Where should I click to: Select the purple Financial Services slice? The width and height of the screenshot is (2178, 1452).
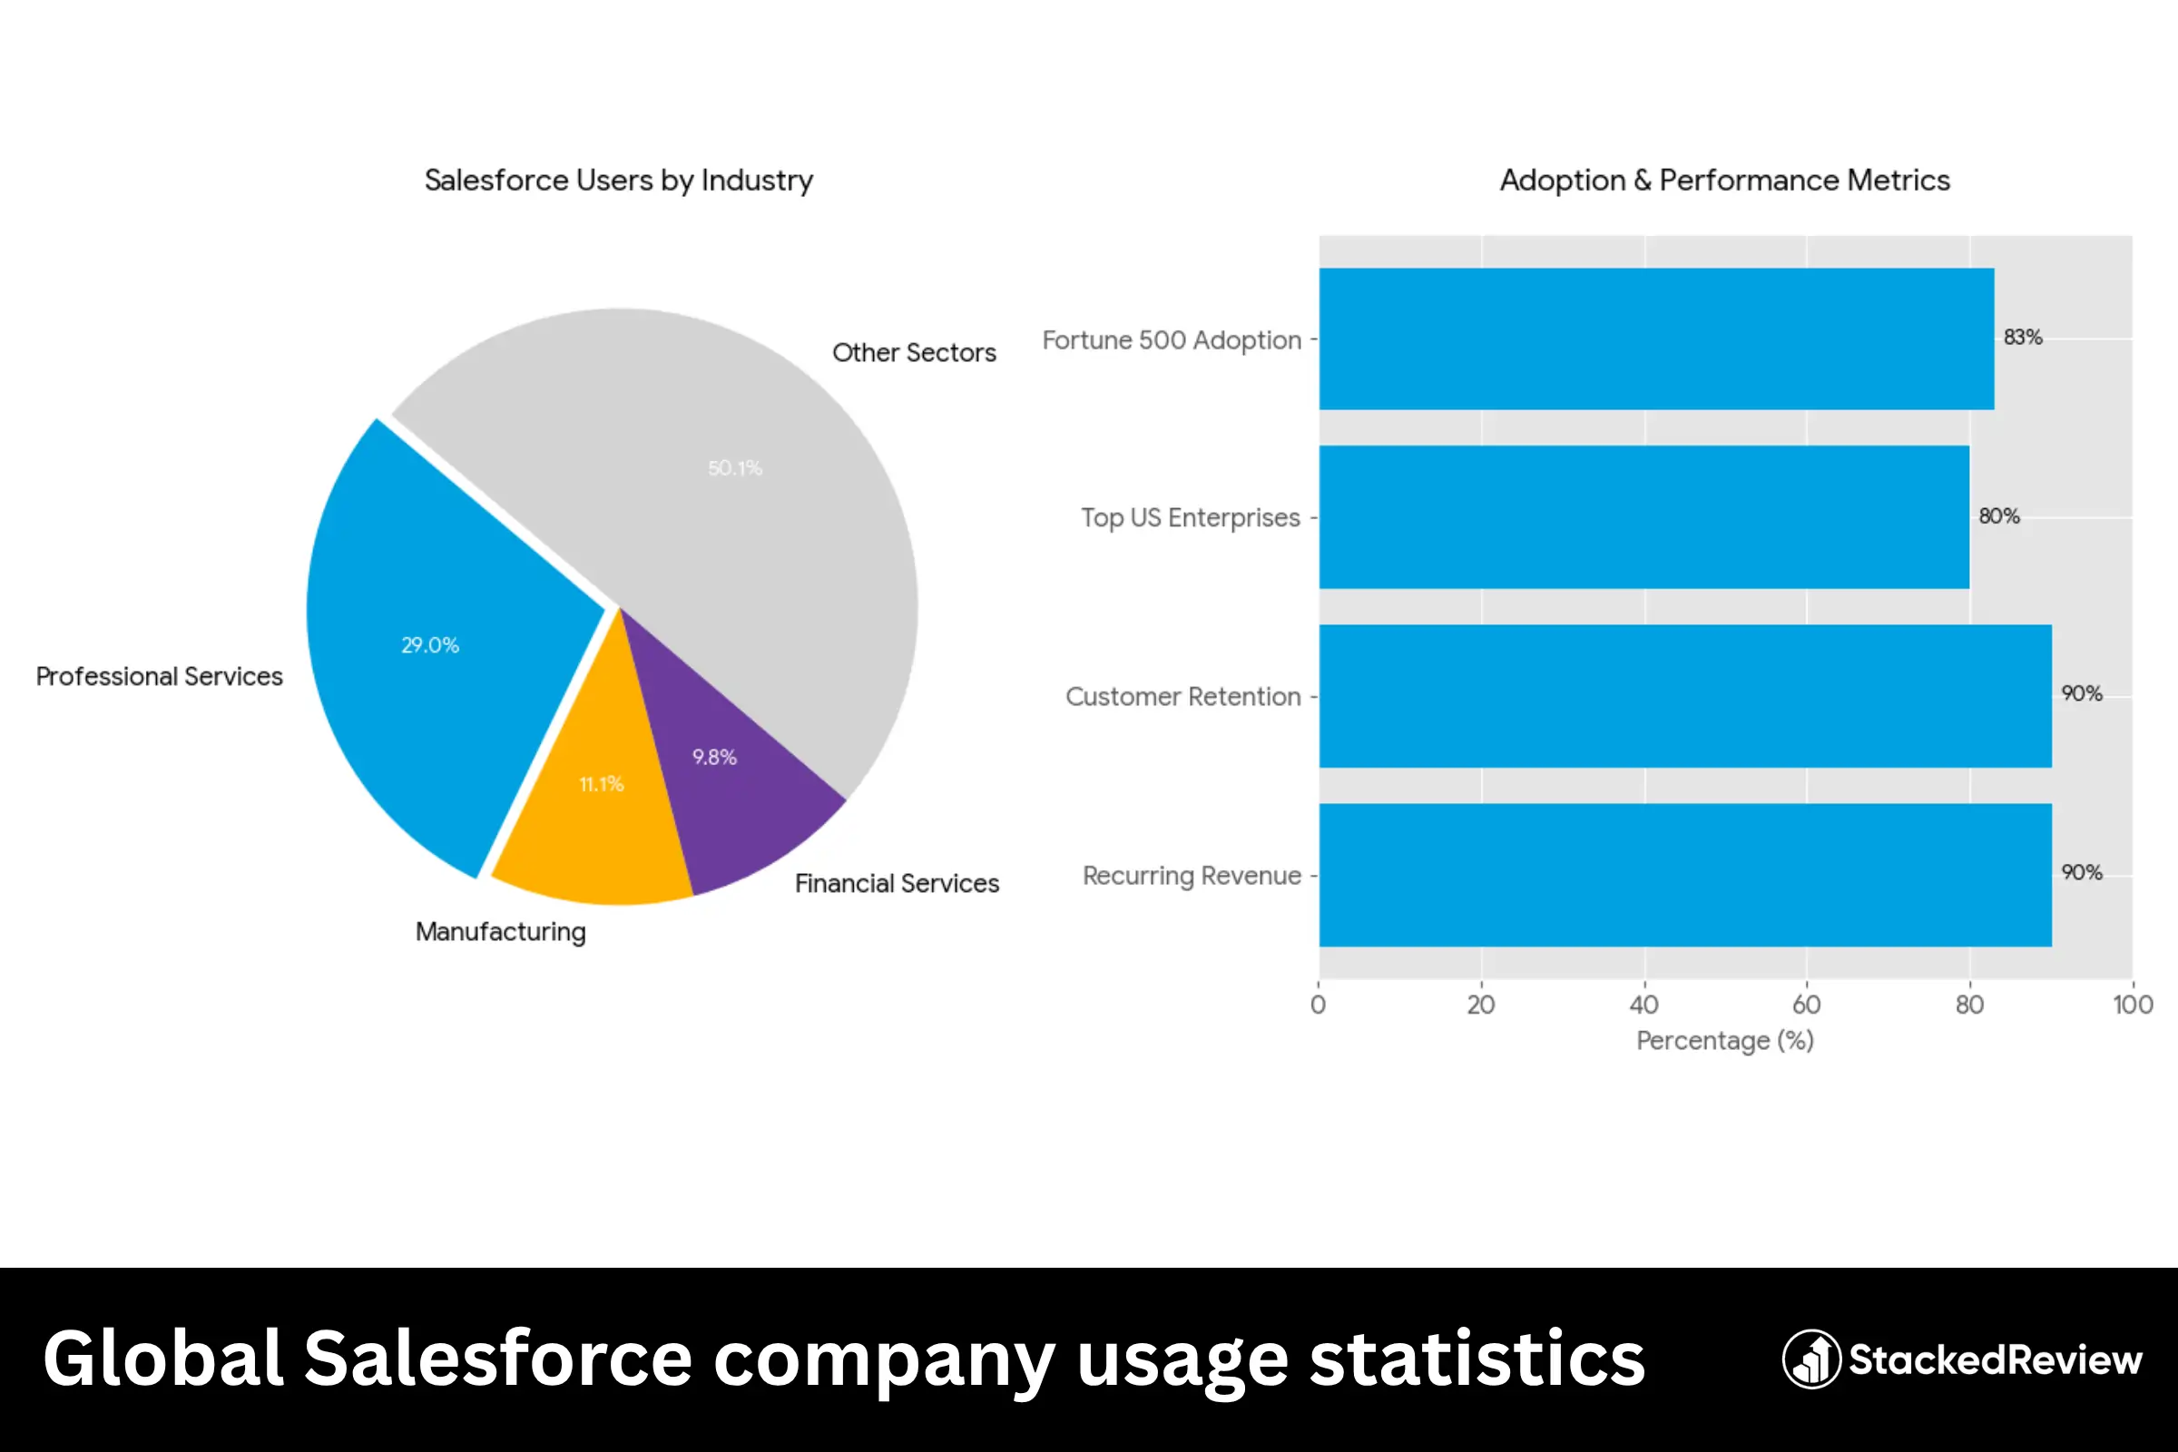click(731, 787)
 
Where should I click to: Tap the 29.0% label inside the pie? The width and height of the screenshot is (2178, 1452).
click(429, 645)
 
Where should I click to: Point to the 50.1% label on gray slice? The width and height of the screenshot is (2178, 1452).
click(735, 468)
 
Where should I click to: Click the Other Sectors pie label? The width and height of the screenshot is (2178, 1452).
click(914, 353)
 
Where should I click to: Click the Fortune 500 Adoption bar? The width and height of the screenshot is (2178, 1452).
click(1655, 338)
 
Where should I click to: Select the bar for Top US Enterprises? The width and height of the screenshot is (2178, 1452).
click(1643, 516)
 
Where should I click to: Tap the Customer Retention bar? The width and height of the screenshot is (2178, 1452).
click(1685, 696)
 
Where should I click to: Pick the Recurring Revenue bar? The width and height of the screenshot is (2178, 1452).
click(1685, 875)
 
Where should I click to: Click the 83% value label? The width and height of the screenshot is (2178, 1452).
click(2023, 337)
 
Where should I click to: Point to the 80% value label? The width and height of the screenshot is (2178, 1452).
click(1999, 515)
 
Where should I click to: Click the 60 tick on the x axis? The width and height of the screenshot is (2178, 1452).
click(1806, 1005)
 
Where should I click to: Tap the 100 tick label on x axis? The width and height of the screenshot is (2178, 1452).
click(2132, 1005)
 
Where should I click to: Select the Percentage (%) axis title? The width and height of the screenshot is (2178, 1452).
click(1724, 1041)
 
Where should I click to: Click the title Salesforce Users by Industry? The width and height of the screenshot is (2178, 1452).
click(619, 181)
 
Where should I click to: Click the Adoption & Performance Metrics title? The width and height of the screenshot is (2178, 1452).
click(1724, 181)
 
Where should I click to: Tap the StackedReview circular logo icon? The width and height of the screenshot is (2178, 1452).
click(1810, 1359)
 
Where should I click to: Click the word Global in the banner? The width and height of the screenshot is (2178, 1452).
click(163, 1359)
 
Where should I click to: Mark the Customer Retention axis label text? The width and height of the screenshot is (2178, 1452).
click(1182, 697)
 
